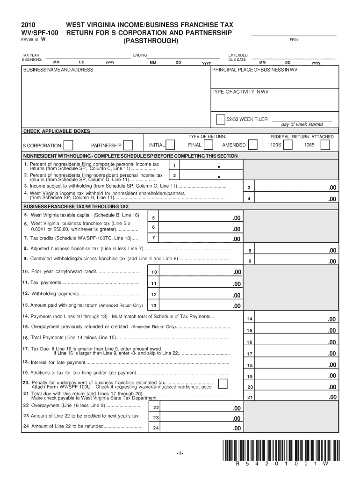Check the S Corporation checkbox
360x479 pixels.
(68, 145)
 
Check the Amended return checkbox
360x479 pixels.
(253, 145)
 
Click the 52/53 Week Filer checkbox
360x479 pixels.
(220, 119)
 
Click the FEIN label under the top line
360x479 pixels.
(294, 40)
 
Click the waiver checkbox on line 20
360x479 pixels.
(223, 384)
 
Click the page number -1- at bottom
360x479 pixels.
(180, 454)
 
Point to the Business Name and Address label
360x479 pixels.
(58, 70)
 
